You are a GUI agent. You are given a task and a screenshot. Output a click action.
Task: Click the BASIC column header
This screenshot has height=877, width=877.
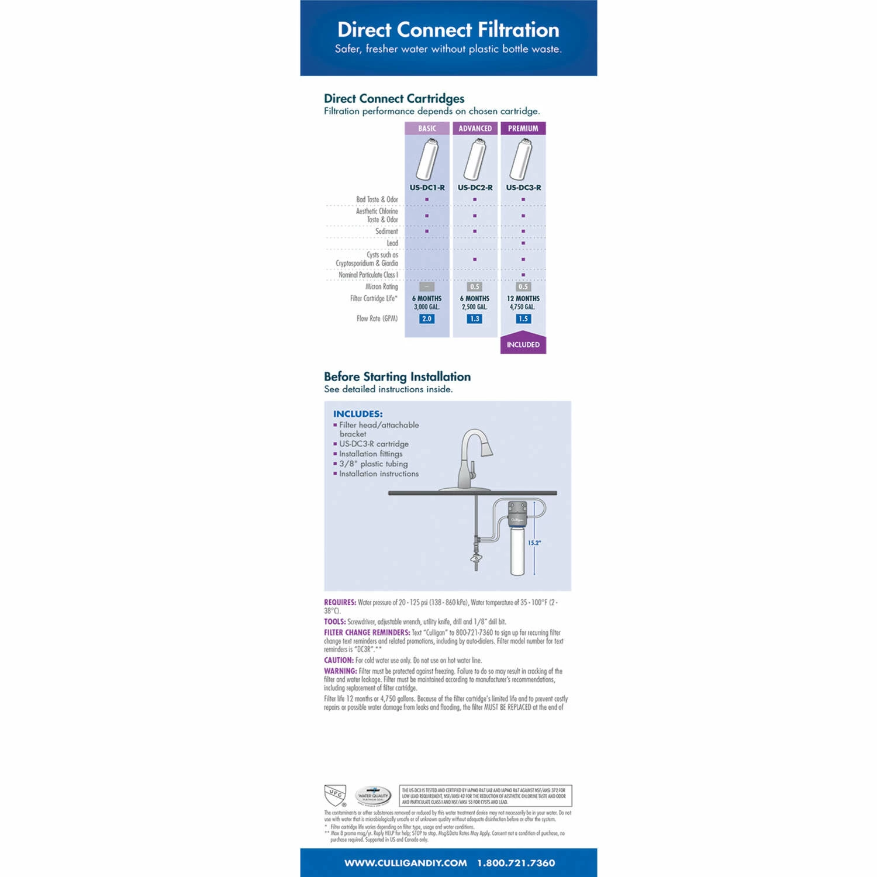coord(427,129)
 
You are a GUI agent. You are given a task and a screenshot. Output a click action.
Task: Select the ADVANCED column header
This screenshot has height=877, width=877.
coord(475,129)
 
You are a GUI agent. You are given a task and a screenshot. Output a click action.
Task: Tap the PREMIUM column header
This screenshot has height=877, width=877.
coord(523,129)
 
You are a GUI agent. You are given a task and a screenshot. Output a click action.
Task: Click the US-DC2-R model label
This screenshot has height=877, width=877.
coord(475,188)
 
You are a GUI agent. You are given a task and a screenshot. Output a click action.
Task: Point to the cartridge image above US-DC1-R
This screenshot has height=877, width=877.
coord(427,159)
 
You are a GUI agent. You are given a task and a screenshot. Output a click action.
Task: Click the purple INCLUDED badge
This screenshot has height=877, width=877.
coord(523,344)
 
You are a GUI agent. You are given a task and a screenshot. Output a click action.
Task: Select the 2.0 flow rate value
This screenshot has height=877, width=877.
coord(427,319)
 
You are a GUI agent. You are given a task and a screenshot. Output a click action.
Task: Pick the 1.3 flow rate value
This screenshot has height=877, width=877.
coord(475,319)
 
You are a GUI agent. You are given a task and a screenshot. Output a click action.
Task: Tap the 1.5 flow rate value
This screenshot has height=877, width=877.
coord(523,319)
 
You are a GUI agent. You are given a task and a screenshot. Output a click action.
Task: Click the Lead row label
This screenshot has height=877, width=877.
coord(392,243)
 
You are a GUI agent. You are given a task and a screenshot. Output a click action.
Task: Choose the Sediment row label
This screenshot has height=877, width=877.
coord(386,232)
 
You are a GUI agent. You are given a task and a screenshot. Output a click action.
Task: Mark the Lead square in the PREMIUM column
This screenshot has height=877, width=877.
coord(523,243)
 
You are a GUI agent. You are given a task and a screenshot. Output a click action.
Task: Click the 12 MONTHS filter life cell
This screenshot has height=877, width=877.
coord(523,299)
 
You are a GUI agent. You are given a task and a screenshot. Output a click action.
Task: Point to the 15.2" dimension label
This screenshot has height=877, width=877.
coord(534,543)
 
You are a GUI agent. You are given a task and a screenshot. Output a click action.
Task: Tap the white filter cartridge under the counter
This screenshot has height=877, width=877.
coord(518,552)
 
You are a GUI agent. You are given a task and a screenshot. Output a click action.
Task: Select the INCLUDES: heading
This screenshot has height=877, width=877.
coord(358,414)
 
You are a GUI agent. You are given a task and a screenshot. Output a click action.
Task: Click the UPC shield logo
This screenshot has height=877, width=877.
coord(335,795)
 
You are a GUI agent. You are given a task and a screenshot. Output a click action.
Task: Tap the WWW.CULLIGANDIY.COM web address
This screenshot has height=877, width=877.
coord(405,863)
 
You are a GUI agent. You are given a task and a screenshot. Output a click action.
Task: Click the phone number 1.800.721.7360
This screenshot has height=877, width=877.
coord(516,863)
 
